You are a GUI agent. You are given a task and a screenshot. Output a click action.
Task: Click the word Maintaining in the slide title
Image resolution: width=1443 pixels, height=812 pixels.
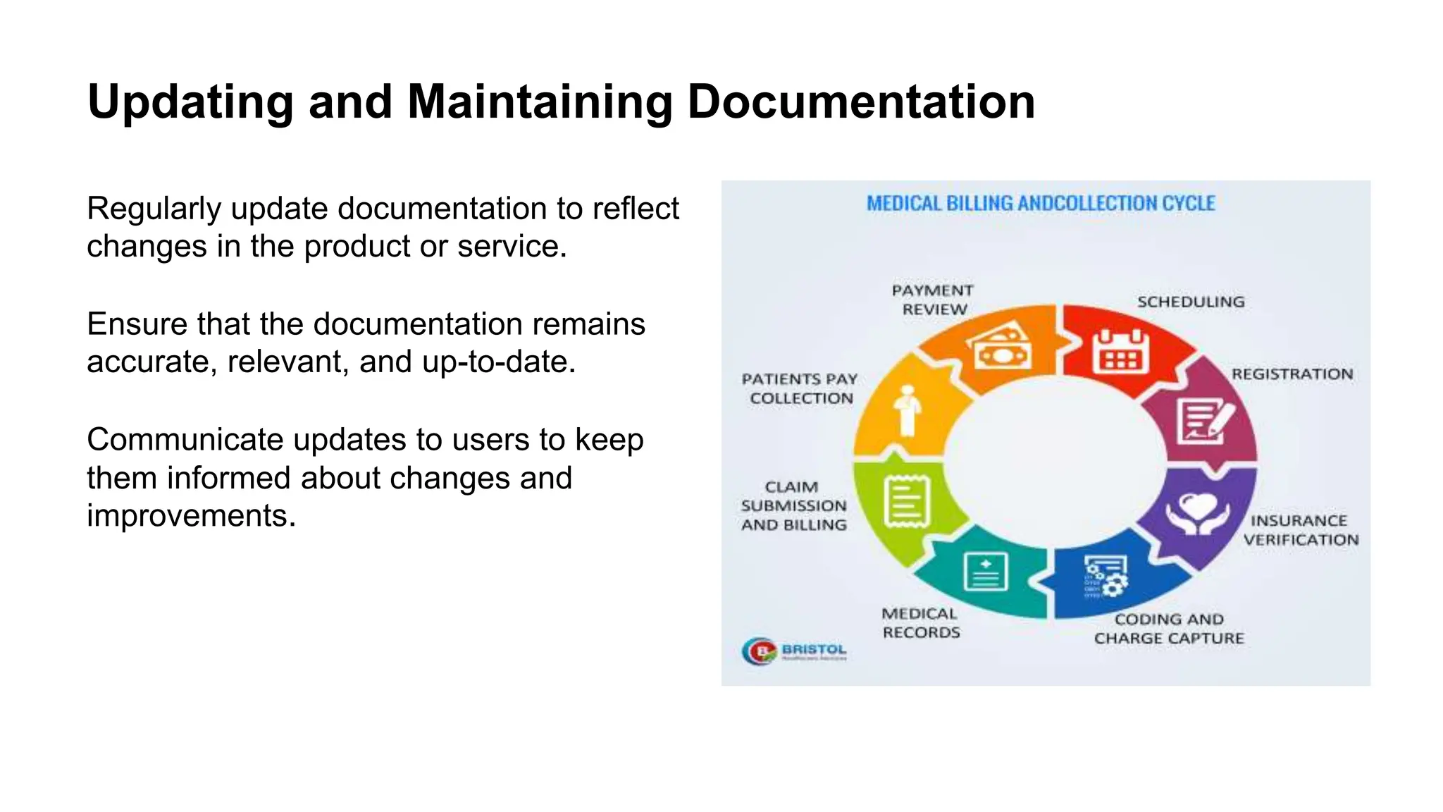(540, 102)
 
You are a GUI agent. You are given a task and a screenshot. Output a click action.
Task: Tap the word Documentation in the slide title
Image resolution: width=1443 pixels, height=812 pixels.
(860, 102)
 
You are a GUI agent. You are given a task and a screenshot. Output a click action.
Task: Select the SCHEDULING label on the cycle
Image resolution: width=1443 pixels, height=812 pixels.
(1191, 302)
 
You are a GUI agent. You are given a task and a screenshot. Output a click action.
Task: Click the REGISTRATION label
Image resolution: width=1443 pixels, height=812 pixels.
(1292, 374)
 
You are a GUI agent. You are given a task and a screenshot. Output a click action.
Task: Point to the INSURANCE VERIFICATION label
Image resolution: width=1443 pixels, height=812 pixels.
(1301, 530)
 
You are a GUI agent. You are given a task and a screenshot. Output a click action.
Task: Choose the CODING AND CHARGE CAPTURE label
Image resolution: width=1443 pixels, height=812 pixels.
(1169, 629)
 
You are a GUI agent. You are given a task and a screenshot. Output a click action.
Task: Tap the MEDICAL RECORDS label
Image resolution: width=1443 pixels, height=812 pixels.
(921, 623)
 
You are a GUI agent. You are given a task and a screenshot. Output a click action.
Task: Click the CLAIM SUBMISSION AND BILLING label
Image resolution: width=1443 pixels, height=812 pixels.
(794, 506)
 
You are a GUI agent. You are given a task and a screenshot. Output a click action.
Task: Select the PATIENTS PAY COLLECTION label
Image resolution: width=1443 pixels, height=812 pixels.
(800, 388)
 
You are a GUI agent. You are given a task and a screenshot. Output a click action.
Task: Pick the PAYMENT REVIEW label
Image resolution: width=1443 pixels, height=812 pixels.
(933, 300)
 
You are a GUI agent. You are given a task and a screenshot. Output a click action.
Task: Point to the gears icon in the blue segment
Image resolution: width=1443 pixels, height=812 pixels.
(1106, 577)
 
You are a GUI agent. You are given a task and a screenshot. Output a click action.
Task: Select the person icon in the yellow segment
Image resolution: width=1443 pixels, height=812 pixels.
(907, 410)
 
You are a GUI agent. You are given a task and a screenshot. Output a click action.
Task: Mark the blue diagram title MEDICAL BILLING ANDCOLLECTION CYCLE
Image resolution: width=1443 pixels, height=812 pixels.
(1041, 204)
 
